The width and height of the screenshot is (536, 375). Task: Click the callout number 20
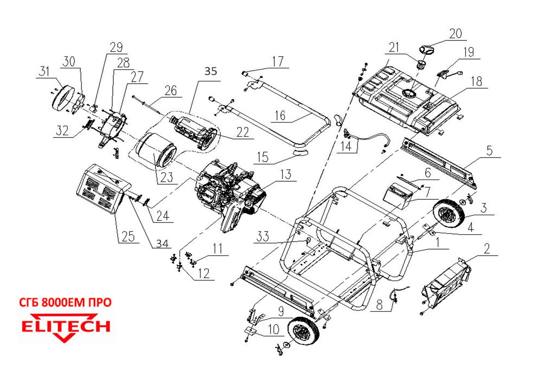[456, 33]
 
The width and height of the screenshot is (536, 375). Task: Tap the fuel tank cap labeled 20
[427, 48]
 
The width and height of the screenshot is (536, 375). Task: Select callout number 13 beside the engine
[286, 174]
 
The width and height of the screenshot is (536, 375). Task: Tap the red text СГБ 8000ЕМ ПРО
[65, 303]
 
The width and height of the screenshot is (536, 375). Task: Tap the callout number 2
[486, 249]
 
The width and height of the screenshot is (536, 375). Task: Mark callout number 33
[263, 237]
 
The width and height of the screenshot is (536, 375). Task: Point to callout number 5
[489, 151]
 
